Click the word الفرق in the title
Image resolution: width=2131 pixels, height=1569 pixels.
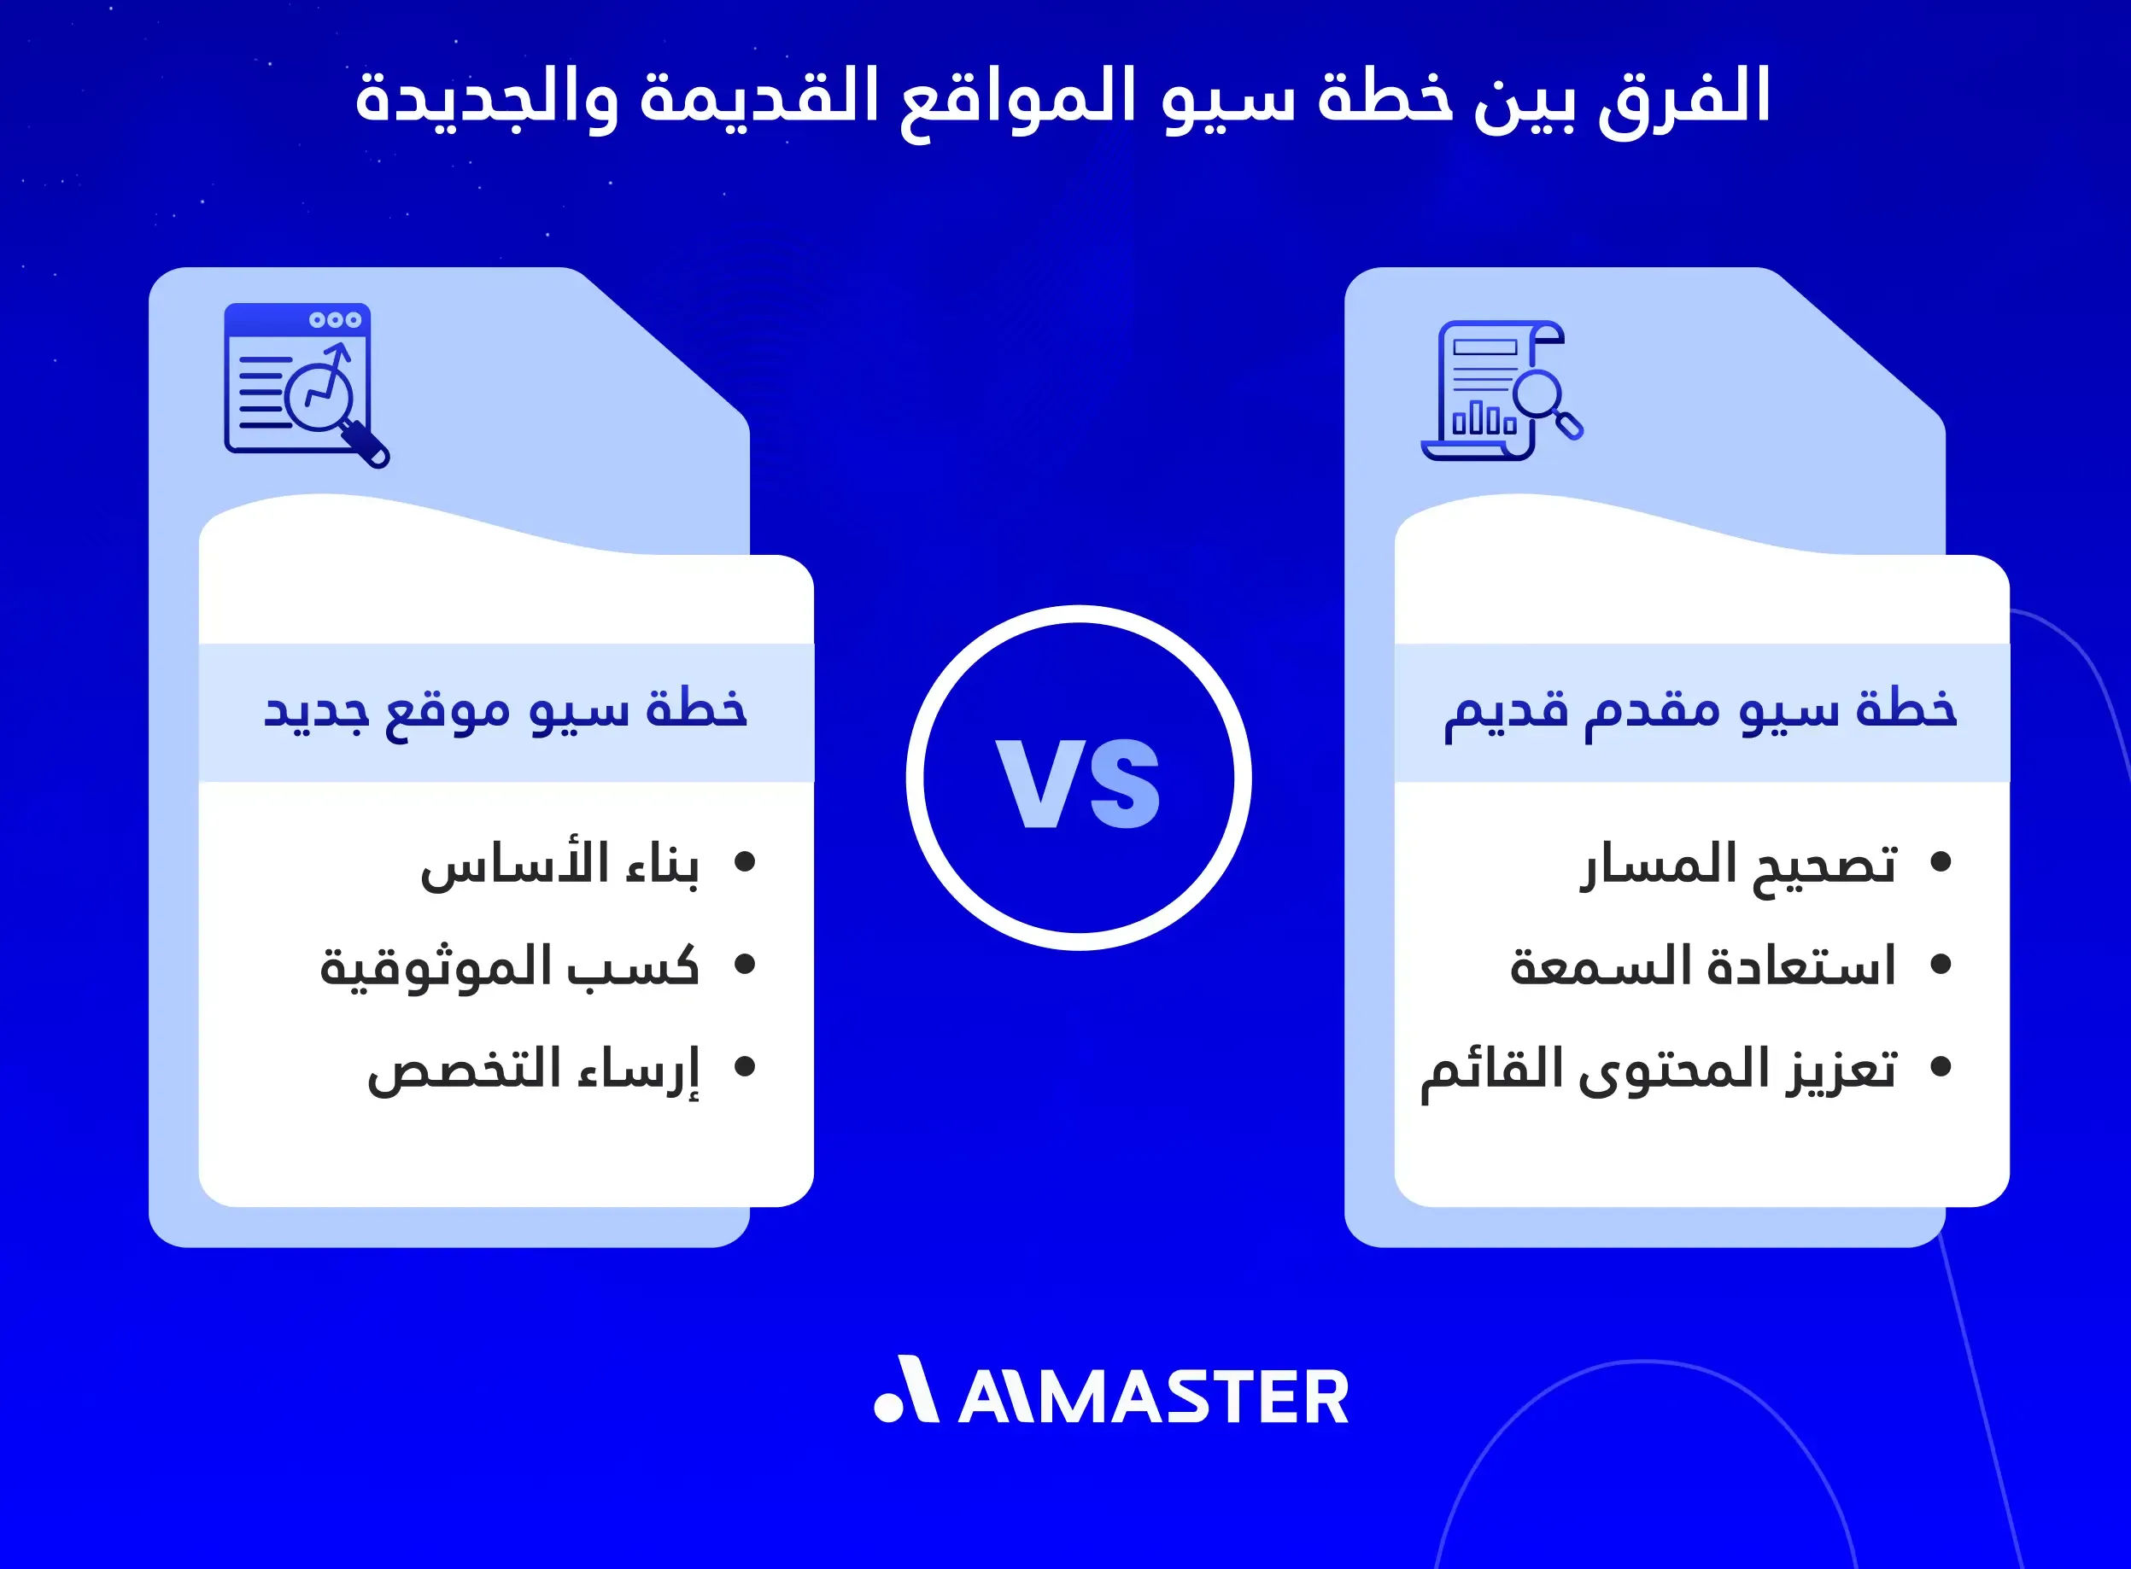click(x=1683, y=99)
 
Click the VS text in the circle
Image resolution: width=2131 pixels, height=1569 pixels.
click(x=1079, y=783)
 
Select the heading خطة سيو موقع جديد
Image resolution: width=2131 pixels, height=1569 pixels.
click(x=506, y=711)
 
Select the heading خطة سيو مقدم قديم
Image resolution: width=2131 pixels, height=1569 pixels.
click(x=1701, y=711)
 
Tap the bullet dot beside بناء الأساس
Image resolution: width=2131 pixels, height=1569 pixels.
click(x=745, y=861)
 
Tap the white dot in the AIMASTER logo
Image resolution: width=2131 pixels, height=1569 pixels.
click(x=887, y=1408)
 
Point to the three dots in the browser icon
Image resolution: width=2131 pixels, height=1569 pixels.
click(x=336, y=320)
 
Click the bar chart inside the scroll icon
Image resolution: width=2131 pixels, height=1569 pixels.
click(x=1483, y=420)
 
